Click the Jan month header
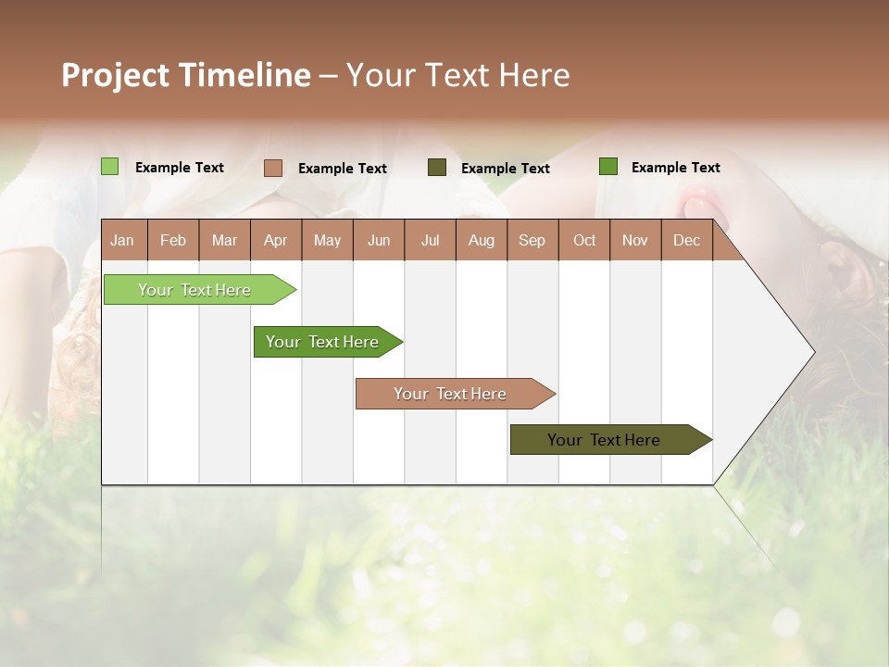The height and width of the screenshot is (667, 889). click(122, 240)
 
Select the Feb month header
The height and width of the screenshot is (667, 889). click(173, 240)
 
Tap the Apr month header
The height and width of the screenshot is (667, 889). click(275, 240)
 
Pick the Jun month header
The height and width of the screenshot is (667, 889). click(378, 240)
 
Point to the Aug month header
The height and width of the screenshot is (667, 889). click(481, 240)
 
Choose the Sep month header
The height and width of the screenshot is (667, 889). click(532, 240)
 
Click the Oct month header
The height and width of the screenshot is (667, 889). click(583, 240)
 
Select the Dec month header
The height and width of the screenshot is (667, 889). click(686, 240)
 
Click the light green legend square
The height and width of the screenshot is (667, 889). click(109, 167)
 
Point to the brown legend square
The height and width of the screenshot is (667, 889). click(272, 168)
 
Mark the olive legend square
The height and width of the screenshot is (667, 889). click(437, 168)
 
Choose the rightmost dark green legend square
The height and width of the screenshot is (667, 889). click(607, 167)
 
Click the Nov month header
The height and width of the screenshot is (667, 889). click(634, 240)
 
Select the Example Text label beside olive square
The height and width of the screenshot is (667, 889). click(505, 169)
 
